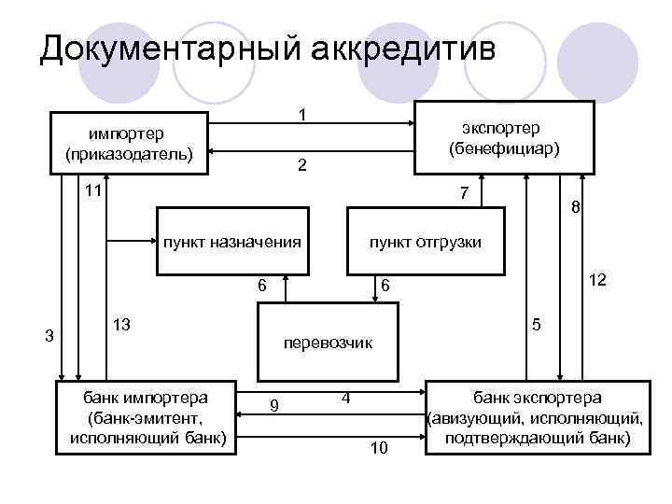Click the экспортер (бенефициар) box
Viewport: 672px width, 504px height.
point(504,137)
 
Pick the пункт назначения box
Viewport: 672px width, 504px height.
point(232,242)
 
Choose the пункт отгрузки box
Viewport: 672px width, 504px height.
point(426,242)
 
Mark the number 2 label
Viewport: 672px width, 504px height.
point(301,166)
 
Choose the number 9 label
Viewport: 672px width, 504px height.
point(273,405)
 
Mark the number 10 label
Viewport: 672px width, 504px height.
point(378,449)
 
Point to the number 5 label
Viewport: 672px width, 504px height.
point(536,324)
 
